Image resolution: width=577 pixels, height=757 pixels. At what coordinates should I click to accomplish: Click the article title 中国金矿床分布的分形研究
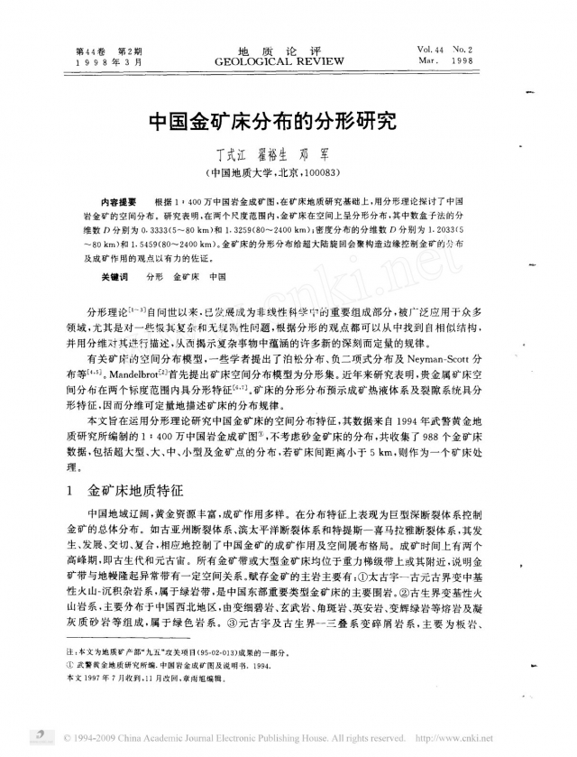[x=288, y=122]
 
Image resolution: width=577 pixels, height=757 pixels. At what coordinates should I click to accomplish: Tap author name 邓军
[x=341, y=152]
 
